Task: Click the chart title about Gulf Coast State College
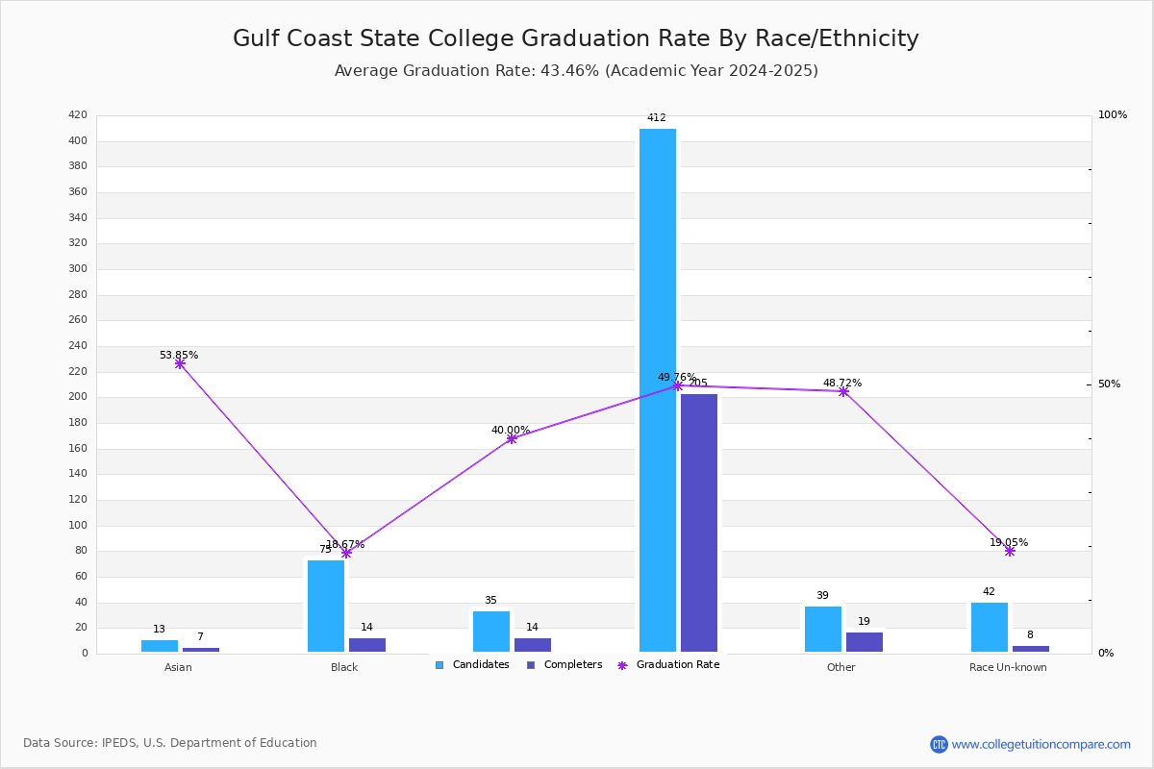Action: click(x=575, y=38)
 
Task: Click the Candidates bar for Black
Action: click(x=326, y=606)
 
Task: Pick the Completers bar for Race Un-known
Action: click(x=1030, y=649)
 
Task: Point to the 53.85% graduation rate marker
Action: click(x=180, y=364)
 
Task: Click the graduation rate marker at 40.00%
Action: click(x=512, y=438)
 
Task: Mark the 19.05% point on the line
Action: click(x=1010, y=551)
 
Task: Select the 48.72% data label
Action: click(x=841, y=383)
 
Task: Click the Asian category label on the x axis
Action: click(x=178, y=667)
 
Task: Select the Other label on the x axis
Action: click(x=840, y=667)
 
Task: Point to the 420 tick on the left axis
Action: click(x=78, y=115)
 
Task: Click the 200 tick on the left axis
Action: click(x=78, y=397)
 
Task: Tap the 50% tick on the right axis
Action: click(x=1109, y=384)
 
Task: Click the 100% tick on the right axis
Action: click(x=1112, y=115)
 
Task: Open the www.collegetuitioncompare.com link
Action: click(x=1041, y=744)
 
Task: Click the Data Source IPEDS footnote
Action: click(x=170, y=743)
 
